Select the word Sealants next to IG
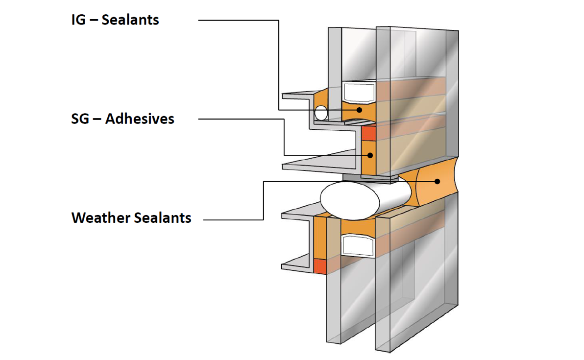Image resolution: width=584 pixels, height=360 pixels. (130, 20)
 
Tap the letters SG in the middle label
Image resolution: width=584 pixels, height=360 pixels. (80, 119)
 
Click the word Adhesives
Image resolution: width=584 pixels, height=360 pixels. (140, 119)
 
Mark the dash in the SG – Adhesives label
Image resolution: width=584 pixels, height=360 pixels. (97, 119)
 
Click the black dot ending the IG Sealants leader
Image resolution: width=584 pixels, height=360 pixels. (359, 110)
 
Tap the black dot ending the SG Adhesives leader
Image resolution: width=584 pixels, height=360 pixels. (370, 155)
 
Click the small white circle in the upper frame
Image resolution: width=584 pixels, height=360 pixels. (321, 112)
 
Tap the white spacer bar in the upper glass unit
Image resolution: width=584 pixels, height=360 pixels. (359, 92)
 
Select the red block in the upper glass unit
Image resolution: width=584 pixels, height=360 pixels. (368, 133)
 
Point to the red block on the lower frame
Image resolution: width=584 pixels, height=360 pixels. (320, 266)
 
